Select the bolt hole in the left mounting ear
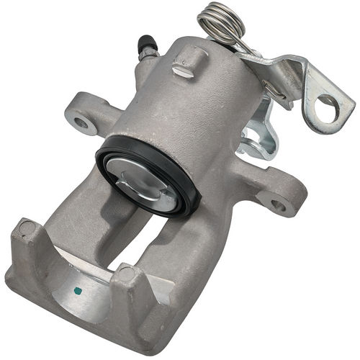pyautogui.click(x=81, y=123)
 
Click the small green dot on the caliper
pyautogui.click(x=78, y=291)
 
